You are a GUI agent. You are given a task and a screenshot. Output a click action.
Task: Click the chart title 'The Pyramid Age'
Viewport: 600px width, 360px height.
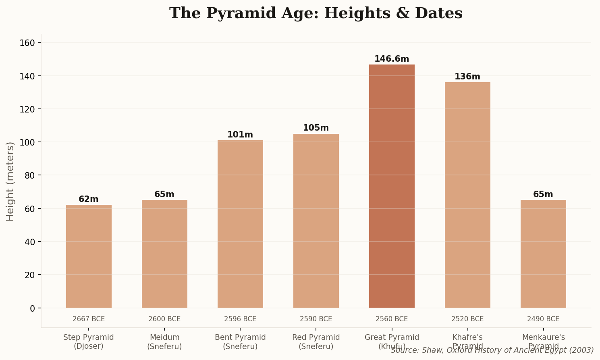point(316,13)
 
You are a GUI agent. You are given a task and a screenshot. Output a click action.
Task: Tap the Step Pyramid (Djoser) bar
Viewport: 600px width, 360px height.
point(89,256)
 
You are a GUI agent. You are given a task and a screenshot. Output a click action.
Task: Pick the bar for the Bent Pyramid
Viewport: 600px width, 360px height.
point(240,224)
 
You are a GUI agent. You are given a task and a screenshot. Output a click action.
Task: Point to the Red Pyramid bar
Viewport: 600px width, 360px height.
point(316,221)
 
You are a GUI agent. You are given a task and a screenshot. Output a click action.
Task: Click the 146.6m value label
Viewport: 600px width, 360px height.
point(392,59)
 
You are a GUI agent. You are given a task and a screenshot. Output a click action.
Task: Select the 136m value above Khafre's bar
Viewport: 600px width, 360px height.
point(467,77)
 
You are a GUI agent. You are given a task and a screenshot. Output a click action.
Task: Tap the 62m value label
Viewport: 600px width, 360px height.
point(89,199)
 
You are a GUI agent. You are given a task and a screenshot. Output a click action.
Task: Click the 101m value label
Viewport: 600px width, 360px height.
point(240,135)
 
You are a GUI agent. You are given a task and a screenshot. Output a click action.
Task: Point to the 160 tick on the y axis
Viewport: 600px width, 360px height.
point(30,43)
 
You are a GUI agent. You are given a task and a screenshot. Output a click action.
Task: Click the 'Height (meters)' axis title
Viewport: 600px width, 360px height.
point(10,181)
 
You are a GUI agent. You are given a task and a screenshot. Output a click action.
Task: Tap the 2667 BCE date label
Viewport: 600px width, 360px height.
point(89,319)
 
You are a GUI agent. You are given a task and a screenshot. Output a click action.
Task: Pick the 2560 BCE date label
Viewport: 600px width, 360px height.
point(392,319)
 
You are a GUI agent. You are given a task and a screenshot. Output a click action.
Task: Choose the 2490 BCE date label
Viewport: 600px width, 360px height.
point(543,319)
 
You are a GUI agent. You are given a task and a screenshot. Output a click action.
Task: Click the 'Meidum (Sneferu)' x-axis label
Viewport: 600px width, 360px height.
point(164,341)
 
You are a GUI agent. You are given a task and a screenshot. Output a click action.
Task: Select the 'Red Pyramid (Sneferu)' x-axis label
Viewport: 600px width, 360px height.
point(316,341)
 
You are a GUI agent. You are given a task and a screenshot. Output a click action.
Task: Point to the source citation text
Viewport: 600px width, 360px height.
point(492,350)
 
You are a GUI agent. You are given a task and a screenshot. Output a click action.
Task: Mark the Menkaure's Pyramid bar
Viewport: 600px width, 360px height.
point(543,254)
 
